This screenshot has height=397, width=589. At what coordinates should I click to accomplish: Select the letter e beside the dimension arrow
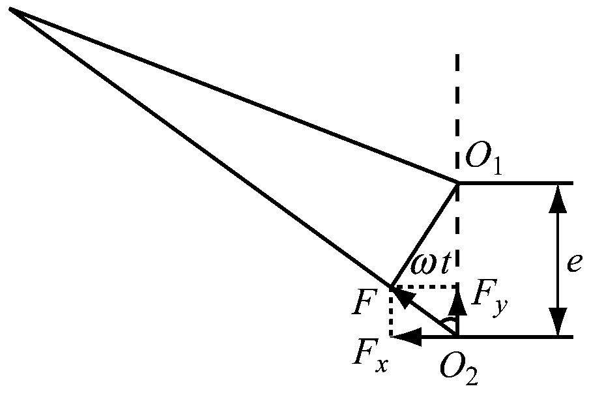click(x=575, y=263)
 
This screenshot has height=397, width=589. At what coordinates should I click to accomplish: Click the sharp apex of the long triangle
click(x=10, y=8)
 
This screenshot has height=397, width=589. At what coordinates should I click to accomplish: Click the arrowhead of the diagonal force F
click(x=401, y=297)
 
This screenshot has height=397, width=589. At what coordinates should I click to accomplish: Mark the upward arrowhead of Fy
click(x=457, y=302)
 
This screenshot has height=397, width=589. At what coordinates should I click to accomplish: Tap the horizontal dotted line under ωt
click(x=424, y=286)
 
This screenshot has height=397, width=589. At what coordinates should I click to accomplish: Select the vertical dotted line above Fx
click(x=392, y=312)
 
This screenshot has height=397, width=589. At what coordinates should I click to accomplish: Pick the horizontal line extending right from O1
click(x=515, y=183)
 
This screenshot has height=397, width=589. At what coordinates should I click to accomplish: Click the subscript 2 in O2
click(x=471, y=377)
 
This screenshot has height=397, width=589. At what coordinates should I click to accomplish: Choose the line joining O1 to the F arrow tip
click(x=424, y=235)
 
